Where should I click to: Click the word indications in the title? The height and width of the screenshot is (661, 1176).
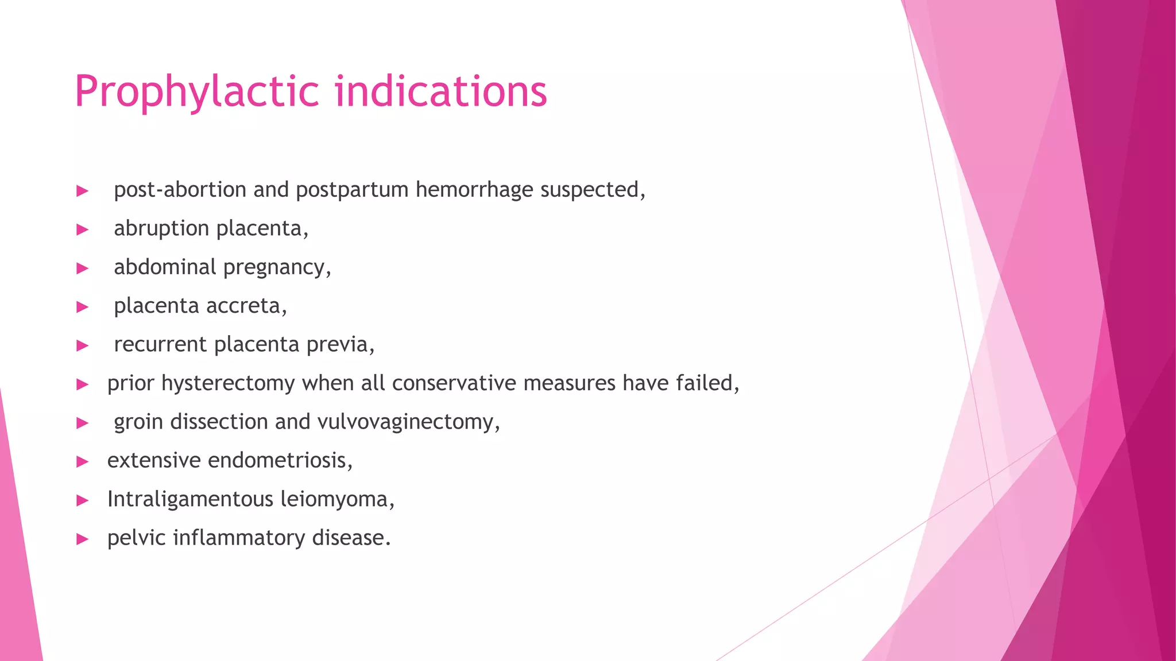click(x=441, y=92)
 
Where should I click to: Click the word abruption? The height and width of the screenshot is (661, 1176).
click(x=161, y=228)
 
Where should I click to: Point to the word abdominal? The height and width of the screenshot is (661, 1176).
click(x=165, y=267)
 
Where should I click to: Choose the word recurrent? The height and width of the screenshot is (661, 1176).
click(x=160, y=344)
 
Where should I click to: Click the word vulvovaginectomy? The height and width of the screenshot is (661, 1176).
click(x=408, y=422)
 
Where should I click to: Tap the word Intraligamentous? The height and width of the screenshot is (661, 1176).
click(x=190, y=499)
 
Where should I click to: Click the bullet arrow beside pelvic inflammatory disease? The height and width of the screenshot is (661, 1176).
click(x=83, y=539)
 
